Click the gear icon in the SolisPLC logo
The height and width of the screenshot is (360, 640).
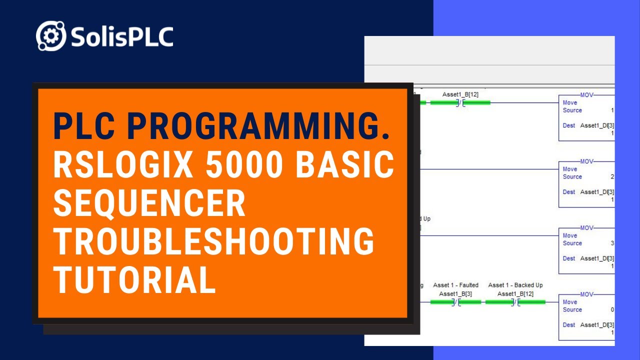tap(51, 36)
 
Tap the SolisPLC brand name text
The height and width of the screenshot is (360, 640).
tap(121, 36)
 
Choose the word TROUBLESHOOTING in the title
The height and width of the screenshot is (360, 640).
tap(214, 241)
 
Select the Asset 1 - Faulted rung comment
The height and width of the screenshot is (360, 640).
tap(455, 285)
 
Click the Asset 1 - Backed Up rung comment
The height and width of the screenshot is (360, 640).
tap(515, 285)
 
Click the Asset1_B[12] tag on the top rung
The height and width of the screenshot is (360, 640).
tap(460, 94)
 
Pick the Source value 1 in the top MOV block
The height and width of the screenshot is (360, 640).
tap(612, 110)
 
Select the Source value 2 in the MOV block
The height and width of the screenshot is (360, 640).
tap(612, 176)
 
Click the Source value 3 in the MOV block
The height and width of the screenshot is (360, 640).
tap(612, 243)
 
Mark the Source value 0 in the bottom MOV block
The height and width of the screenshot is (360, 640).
tap(612, 309)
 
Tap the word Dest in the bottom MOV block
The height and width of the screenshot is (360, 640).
tap(569, 325)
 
